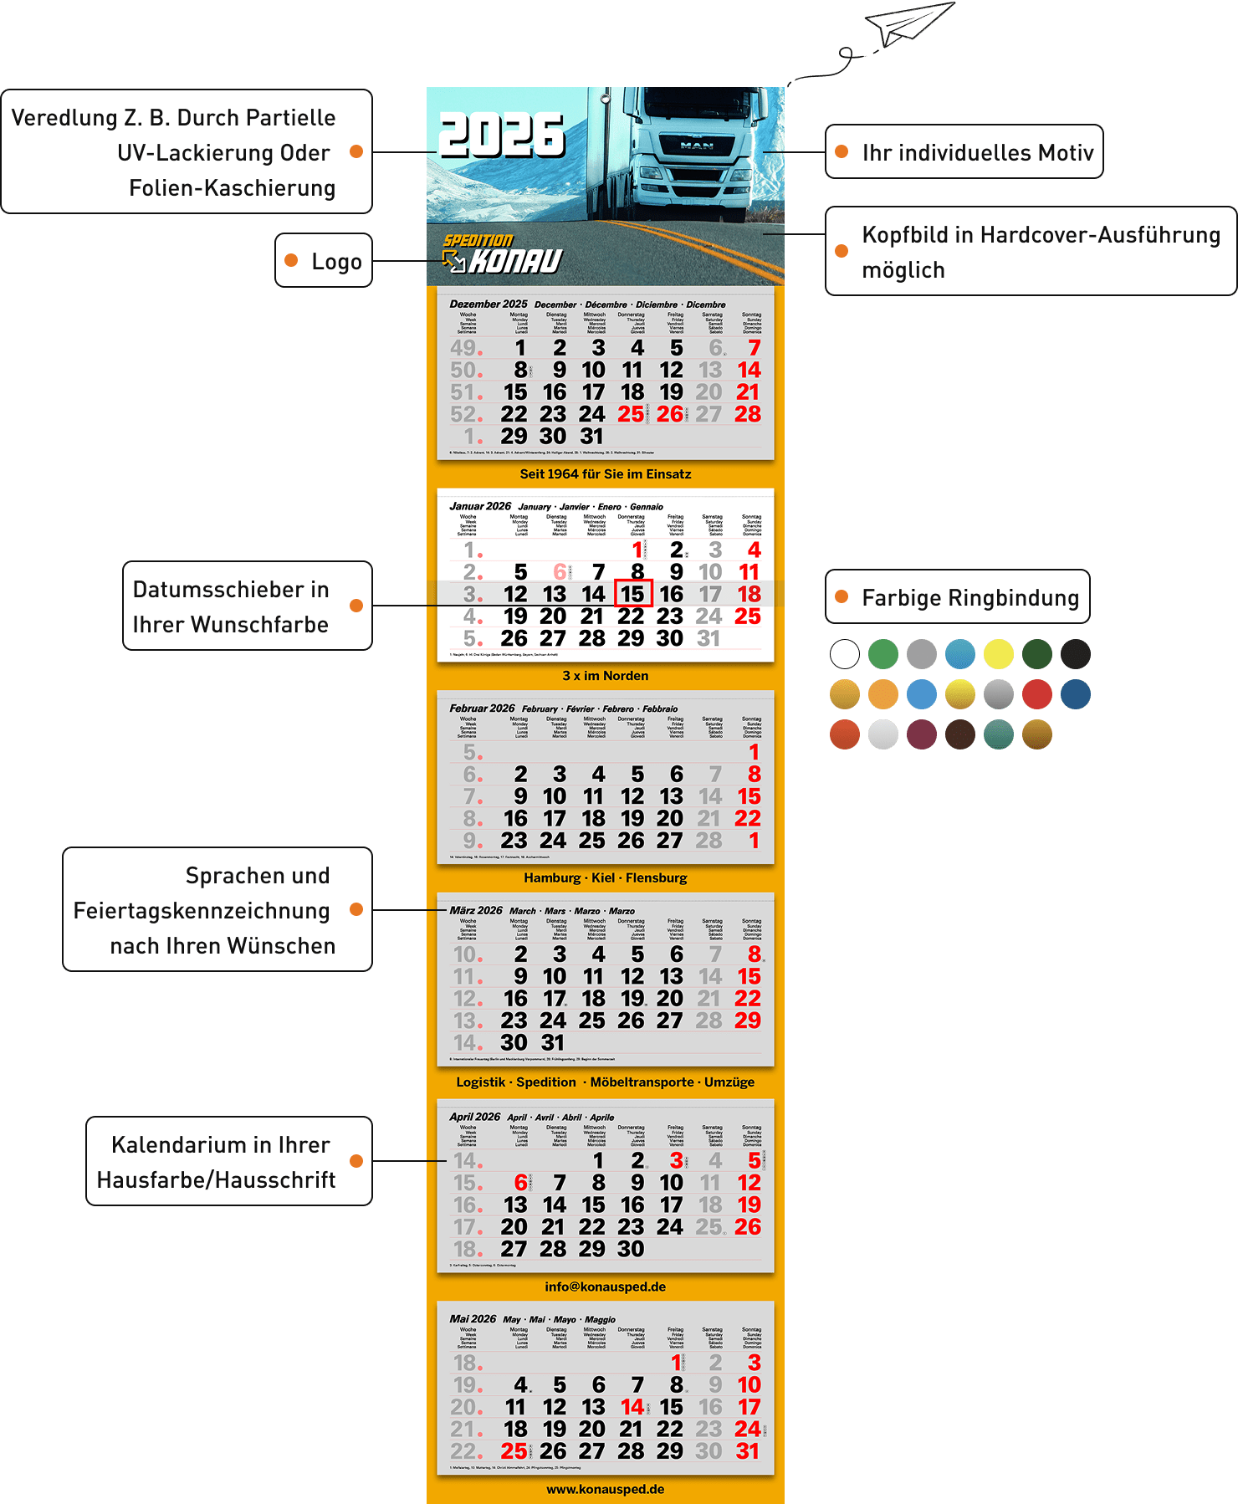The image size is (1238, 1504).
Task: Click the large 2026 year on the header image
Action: coord(501,136)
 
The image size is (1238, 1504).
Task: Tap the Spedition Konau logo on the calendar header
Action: coord(502,254)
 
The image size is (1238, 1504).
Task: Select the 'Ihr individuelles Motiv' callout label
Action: coord(964,152)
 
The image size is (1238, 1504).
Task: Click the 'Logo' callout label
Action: coord(324,261)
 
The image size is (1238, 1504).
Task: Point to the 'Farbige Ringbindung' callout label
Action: coord(958,597)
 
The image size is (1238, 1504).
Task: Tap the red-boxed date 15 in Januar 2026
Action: coord(632,594)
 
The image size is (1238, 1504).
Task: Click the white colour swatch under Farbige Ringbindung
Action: coord(845,654)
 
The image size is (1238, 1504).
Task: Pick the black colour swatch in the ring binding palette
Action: coord(1076,654)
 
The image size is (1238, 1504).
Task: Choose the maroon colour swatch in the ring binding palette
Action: coord(922,734)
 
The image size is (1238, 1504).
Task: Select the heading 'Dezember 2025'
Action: coord(489,304)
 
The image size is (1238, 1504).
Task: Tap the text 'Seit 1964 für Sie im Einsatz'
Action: coord(606,474)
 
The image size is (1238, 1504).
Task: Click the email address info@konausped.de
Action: coord(606,1287)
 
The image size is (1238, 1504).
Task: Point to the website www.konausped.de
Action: coord(606,1489)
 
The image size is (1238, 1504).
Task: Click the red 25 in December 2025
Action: coord(631,414)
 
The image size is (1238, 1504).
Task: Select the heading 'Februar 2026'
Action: coord(482,709)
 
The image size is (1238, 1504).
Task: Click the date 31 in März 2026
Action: coord(553,1042)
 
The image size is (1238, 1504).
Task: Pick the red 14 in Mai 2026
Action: coord(632,1407)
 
